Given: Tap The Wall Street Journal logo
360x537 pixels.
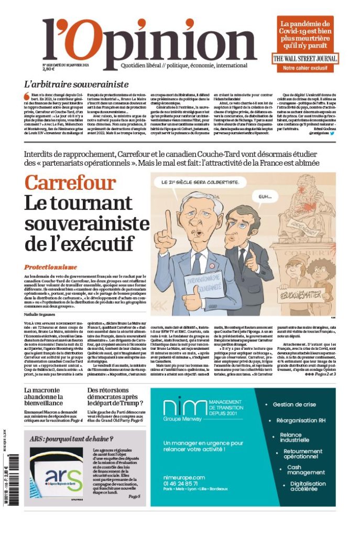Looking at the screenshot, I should [x=304, y=59].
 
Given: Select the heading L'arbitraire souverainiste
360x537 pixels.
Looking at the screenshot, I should [x=77, y=84].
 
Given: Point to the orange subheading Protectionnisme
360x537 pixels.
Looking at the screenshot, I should [x=50, y=266].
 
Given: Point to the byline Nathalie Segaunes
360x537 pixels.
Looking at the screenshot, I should [x=43, y=313].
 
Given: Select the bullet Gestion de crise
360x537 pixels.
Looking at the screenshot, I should [x=294, y=404].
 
